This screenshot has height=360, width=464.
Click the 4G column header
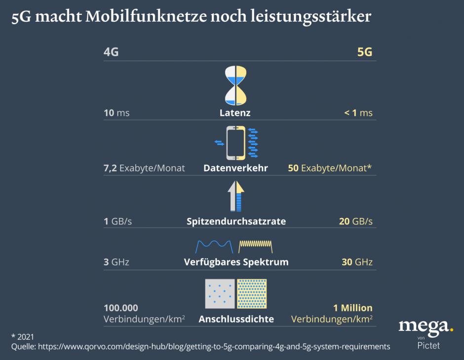111,52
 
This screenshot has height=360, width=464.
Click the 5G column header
364,52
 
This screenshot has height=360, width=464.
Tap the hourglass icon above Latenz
235,85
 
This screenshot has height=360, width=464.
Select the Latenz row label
235,113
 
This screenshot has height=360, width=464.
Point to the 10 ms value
116,113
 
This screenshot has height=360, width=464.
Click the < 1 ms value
358,113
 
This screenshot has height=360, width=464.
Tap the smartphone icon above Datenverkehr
235,143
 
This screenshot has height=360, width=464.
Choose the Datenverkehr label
235,168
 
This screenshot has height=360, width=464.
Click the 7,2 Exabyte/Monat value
144,168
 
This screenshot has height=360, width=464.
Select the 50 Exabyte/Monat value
330,168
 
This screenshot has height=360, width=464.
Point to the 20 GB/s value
355,221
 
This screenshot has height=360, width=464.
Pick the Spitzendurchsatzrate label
236,221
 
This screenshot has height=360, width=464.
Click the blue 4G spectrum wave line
214,245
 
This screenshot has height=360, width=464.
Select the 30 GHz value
357,262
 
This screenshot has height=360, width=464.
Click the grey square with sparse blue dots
220,293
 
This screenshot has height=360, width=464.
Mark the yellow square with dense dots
252,293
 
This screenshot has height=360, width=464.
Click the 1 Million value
352,308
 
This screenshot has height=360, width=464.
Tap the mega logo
425,326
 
